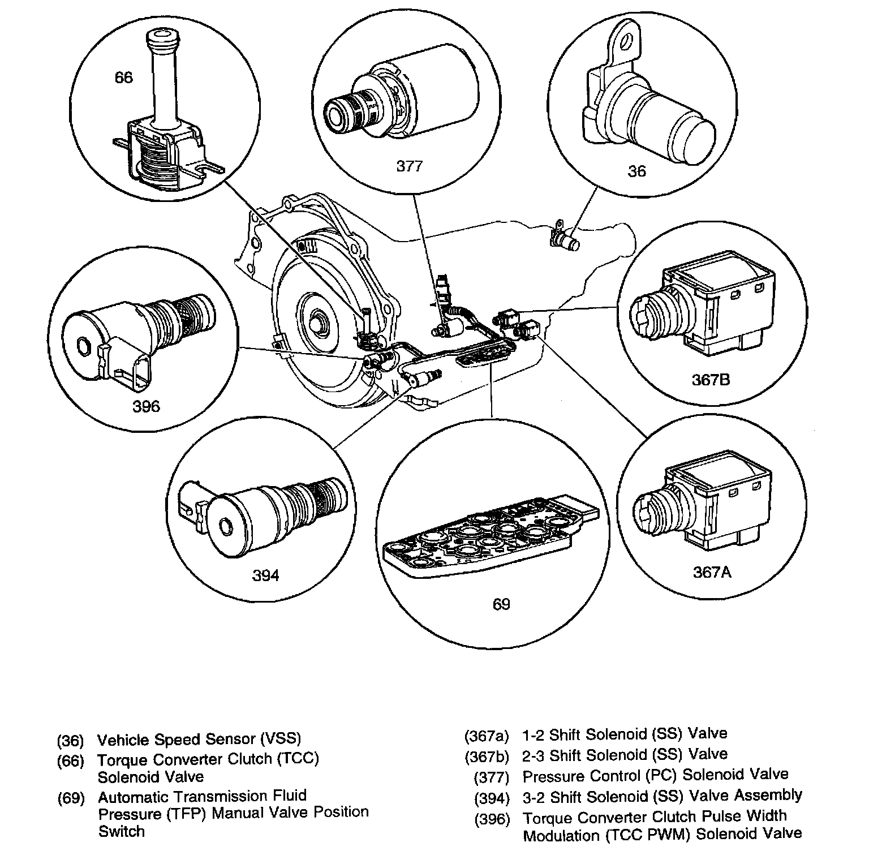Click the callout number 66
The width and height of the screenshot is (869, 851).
coord(123,78)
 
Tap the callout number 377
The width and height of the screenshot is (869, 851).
coord(409,166)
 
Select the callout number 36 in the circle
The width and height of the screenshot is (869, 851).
coord(636,171)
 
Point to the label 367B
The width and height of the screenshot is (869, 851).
coord(711,380)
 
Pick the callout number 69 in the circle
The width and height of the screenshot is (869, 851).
coord(501,604)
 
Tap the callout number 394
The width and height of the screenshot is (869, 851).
coord(265,575)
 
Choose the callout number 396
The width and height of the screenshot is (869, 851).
coord(146,406)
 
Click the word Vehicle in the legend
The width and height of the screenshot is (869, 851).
coord(123,740)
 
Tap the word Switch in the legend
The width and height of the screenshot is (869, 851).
coord(121,831)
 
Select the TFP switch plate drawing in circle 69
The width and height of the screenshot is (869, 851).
coord(489,538)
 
